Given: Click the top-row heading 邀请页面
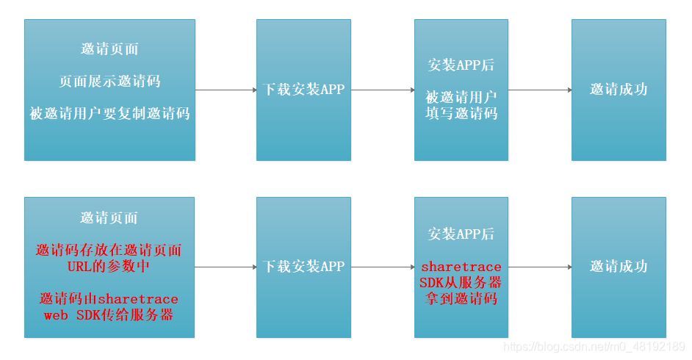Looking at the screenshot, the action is tap(109, 49).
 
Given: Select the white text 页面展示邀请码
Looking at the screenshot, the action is tap(109, 81).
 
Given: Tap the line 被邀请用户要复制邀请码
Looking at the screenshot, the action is tap(109, 113).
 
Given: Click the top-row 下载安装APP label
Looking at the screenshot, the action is tap(303, 90).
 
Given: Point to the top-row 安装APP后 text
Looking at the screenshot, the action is tap(461, 65).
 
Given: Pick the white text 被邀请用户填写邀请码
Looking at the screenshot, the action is tap(461, 105).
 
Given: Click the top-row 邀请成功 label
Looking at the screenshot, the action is tap(619, 90).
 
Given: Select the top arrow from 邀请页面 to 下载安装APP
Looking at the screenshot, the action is tap(226, 90).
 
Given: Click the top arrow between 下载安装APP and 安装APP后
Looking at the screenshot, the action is tap(382, 90).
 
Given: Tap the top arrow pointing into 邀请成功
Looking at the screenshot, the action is tap(540, 90).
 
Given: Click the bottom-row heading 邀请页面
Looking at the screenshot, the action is tap(109, 218).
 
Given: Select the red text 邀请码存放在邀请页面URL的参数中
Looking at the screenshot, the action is tap(109, 258).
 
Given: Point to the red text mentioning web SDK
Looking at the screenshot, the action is tap(109, 306).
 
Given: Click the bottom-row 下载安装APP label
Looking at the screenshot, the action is tap(303, 267).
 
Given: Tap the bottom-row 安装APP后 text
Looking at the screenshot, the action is tap(461, 234).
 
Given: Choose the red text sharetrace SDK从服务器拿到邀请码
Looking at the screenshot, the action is tap(461, 283).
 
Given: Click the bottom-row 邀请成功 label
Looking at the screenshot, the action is tap(619, 267).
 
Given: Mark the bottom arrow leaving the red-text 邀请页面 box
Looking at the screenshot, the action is tap(226, 267).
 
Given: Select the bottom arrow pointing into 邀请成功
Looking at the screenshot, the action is tap(540, 267).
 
